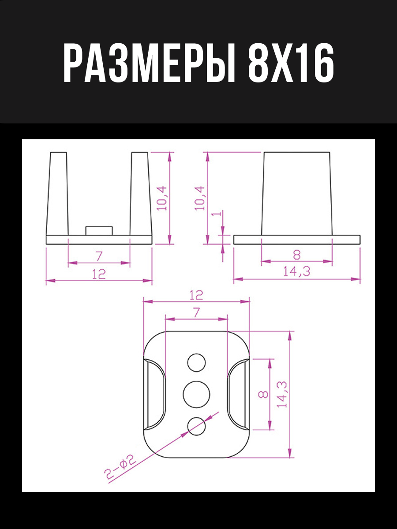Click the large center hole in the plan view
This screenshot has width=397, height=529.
pos(196,394)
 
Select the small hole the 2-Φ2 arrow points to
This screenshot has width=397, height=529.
pos(196,426)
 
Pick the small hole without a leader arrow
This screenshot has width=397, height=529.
pos(196,363)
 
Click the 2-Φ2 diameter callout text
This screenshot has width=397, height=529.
pos(120,467)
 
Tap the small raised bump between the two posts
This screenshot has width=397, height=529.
pos(99,231)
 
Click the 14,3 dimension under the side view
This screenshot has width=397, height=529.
pos(296,272)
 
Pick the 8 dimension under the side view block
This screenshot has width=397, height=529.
pos(296,254)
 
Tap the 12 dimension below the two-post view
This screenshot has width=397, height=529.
pos(99,274)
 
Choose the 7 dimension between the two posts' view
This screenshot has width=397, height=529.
pos(99,255)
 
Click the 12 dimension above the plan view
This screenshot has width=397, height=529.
pos(196,295)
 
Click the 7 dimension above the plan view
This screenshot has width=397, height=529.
pos(196,312)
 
